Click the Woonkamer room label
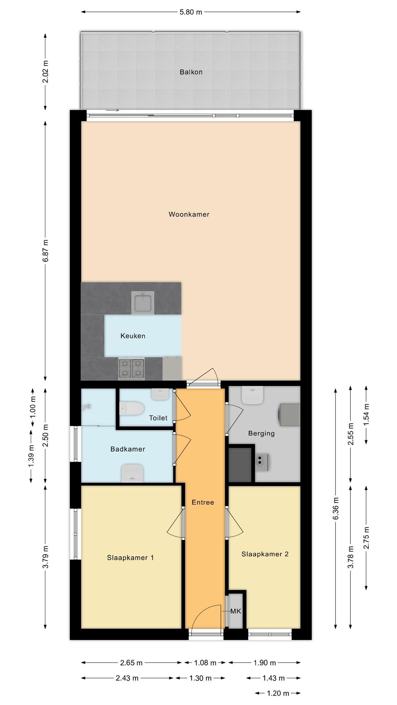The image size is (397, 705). pyautogui.click(x=189, y=214)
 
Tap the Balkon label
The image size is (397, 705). pyautogui.click(x=191, y=72)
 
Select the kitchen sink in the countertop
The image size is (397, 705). pyautogui.click(x=143, y=303)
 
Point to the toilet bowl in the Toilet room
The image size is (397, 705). pyautogui.click(x=132, y=409)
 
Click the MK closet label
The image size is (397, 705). pyautogui.click(x=236, y=611)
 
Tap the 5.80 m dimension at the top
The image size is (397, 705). pyautogui.click(x=191, y=12)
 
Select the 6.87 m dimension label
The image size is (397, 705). pyautogui.click(x=45, y=251)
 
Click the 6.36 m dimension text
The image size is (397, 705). pyautogui.click(x=336, y=509)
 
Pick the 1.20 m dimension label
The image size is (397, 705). pyautogui.click(x=278, y=693)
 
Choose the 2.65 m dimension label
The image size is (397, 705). pyautogui.click(x=131, y=663)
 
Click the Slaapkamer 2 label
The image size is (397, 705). pyautogui.click(x=265, y=554)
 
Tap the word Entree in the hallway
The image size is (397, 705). pyautogui.click(x=203, y=502)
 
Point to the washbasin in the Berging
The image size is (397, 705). pyautogui.click(x=253, y=395)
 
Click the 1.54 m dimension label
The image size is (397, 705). pyautogui.click(x=366, y=414)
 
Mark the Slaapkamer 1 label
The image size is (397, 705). pyautogui.click(x=130, y=558)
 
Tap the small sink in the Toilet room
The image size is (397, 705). pyautogui.click(x=160, y=394)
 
